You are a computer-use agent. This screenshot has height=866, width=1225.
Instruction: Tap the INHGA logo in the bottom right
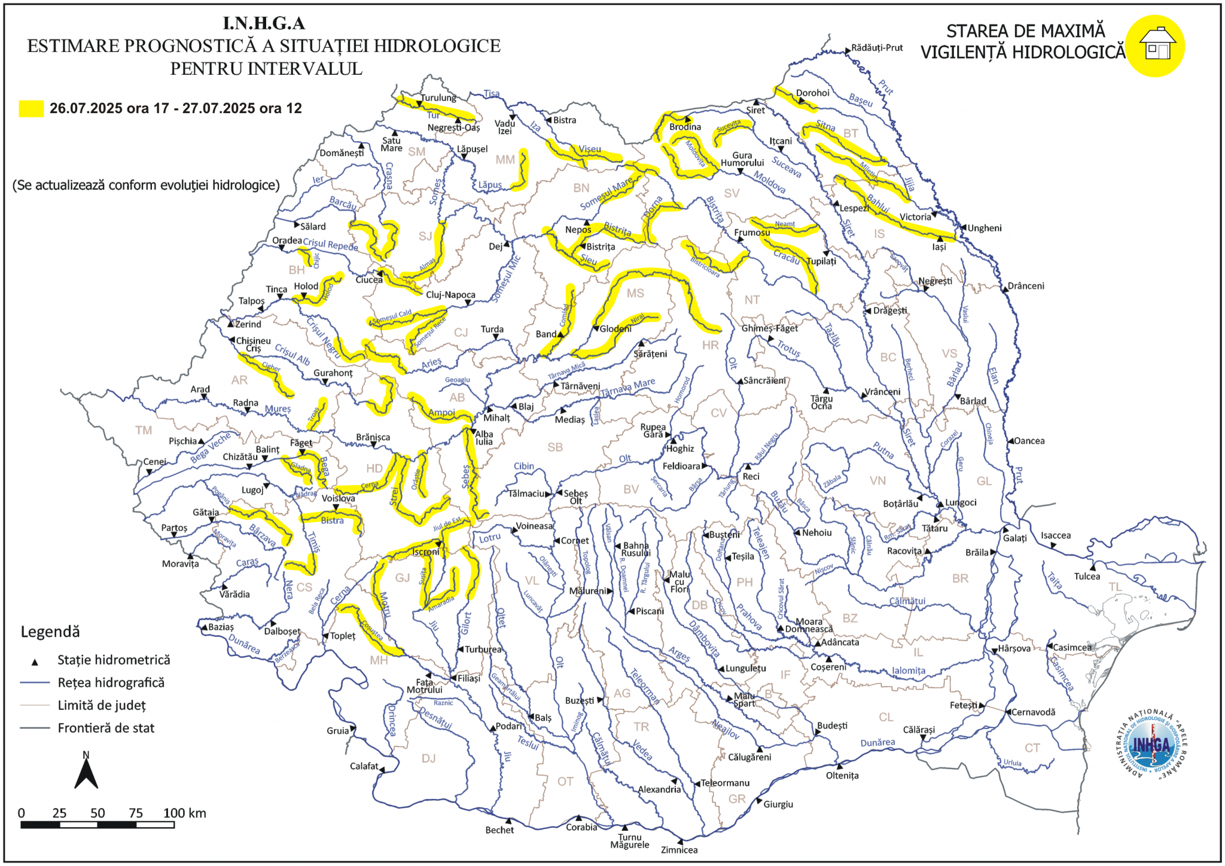pos(1151,745)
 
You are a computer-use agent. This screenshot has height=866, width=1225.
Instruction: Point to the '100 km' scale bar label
pos(185,813)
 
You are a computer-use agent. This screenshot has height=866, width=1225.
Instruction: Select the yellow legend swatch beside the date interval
pos(31,108)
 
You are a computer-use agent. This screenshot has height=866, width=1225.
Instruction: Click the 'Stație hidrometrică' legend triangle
pos(35,662)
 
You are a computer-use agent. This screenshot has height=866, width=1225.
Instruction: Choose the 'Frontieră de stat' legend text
pos(106,728)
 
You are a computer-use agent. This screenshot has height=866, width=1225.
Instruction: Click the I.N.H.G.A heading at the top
pos(264,23)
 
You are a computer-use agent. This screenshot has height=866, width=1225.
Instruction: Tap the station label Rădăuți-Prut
pos(877,48)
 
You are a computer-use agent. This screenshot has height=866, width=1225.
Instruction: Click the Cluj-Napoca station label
pos(450,295)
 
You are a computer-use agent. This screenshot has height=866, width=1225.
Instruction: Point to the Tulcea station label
pos(1087,577)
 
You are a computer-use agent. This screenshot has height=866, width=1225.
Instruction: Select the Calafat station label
pos(364,766)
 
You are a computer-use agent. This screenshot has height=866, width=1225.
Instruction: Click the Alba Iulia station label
pos(484,438)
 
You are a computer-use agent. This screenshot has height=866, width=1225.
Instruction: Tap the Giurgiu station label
pos(778,804)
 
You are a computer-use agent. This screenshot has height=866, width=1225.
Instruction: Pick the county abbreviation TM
pos(144,430)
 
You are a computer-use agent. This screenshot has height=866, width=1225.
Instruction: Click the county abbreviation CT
pos(1032,748)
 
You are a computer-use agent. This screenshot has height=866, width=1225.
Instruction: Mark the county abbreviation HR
pos(710,345)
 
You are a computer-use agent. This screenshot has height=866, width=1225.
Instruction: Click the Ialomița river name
pos(909,671)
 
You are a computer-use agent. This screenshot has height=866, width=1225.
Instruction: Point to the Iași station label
pos(939,247)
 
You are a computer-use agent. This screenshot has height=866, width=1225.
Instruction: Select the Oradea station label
pos(287,240)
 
